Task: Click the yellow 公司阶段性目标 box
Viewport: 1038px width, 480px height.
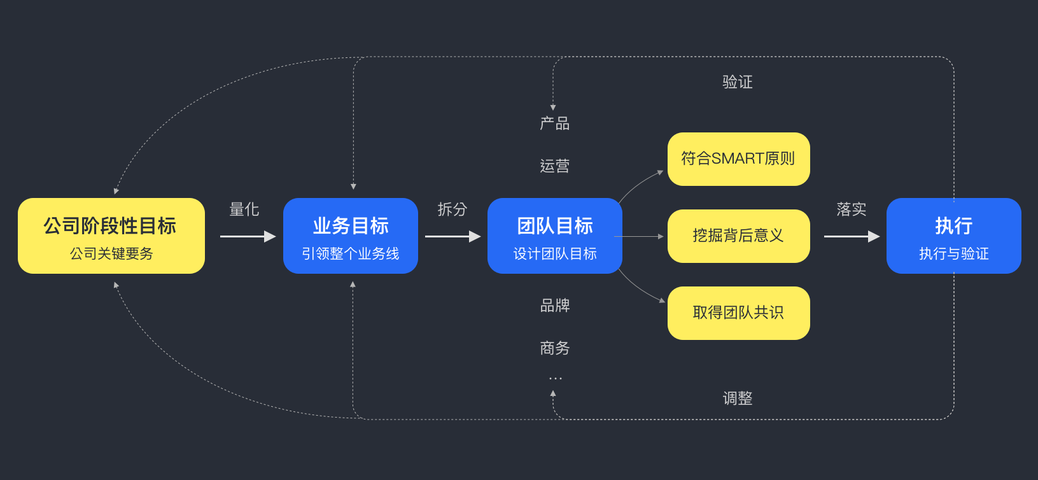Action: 111,236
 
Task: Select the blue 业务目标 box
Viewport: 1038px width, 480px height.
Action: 350,236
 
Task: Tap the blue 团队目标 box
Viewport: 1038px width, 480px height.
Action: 555,236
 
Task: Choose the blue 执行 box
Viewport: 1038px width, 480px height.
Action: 953,236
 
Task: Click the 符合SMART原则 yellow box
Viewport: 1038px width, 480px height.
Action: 739,159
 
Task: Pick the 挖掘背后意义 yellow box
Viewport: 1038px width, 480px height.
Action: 739,236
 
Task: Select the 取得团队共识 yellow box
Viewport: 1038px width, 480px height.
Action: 739,313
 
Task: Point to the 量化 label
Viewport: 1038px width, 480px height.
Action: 244,209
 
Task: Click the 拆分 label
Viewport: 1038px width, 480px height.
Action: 452,209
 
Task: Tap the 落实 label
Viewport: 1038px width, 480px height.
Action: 852,209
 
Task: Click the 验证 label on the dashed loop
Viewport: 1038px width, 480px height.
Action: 737,82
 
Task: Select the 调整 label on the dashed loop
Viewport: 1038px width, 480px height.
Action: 737,398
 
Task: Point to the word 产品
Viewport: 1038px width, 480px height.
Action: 555,124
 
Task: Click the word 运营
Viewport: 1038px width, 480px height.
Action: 555,166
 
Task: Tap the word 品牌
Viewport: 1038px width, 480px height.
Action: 555,306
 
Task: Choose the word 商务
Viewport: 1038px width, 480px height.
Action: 555,348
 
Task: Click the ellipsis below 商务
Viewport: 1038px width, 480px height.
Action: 555,379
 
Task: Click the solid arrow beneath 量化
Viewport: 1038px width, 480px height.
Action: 248,236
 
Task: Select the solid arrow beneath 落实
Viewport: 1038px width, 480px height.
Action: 852,236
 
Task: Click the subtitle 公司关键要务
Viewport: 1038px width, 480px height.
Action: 111,253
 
